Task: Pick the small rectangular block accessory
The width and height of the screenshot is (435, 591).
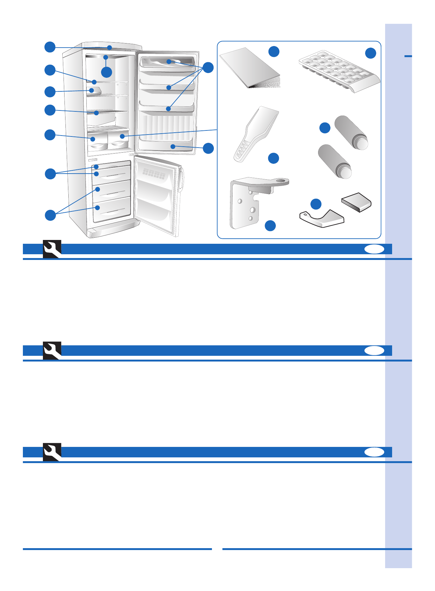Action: [356, 202]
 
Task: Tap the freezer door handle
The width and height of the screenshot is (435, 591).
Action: [181, 179]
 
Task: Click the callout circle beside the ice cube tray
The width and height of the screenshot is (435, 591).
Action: [370, 53]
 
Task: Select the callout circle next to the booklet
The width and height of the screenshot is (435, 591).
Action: [274, 51]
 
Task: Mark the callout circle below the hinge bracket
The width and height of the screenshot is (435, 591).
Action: [270, 226]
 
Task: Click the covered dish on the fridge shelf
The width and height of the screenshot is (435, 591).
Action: [93, 91]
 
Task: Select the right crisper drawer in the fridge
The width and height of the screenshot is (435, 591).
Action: [118, 140]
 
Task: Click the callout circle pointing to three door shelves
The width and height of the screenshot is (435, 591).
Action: [208, 67]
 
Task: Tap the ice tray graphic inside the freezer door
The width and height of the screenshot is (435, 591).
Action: [154, 174]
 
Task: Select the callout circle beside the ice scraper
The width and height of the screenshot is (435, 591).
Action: [274, 158]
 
